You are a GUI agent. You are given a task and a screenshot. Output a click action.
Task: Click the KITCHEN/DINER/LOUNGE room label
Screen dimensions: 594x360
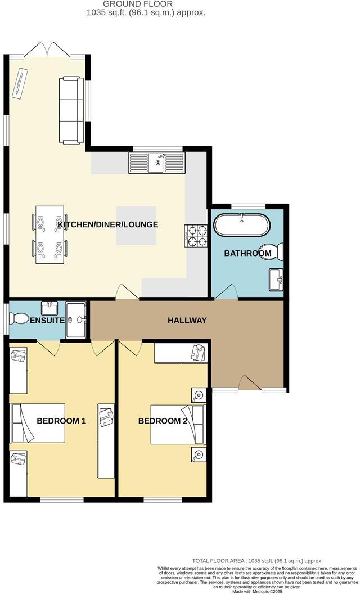[107, 224]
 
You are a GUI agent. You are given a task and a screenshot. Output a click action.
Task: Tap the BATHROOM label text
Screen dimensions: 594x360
[247, 254]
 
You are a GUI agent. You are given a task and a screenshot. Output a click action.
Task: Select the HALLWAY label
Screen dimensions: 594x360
[187, 321]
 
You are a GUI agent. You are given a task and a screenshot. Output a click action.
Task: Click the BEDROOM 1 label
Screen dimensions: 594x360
[61, 420]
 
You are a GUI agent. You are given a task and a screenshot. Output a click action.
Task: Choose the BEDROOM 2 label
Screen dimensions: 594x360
[163, 421]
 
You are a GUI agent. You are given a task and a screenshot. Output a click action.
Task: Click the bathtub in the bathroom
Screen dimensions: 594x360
[242, 225]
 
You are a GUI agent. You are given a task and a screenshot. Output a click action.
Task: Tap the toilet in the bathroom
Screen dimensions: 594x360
[276, 252]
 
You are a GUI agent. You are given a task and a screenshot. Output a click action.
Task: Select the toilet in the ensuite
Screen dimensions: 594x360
[20, 319]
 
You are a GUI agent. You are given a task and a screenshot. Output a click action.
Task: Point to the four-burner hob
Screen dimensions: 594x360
[196, 236]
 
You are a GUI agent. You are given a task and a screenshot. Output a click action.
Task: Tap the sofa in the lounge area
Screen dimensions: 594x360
[71, 110]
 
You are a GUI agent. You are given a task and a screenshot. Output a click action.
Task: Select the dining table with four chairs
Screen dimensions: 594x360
[50, 235]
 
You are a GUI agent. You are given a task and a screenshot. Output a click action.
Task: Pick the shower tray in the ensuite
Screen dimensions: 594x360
[75, 320]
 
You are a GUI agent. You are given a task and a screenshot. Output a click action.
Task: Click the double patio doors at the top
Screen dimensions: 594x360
[48, 49]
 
